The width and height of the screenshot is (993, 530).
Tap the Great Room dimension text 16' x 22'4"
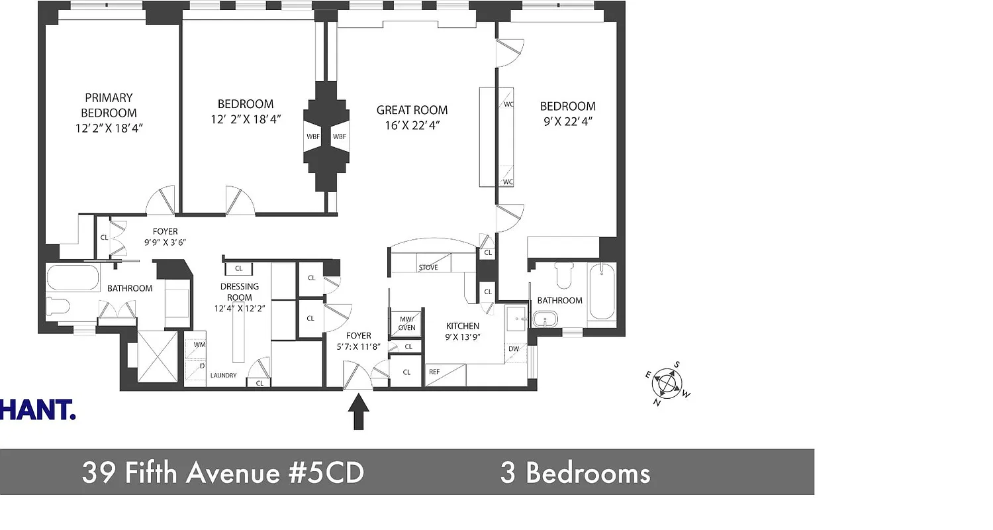pyautogui.click(x=412, y=125)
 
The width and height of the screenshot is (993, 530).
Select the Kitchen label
pyautogui.click(x=462, y=326)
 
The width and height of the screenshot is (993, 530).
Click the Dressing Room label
pyautogui.click(x=240, y=292)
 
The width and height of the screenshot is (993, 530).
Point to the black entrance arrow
pyautogui.click(x=358, y=411)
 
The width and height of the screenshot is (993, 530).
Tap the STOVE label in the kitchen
pyautogui.click(x=428, y=267)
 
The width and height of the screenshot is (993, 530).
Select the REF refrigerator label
pyautogui.click(x=434, y=372)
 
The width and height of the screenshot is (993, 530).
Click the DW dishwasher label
pyautogui.click(x=514, y=349)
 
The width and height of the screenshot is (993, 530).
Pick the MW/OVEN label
pyautogui.click(x=406, y=323)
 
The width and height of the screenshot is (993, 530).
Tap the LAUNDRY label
pyautogui.click(x=223, y=376)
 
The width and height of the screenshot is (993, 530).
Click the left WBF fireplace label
pyautogui.click(x=312, y=136)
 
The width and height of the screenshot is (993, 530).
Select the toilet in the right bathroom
pyautogui.click(x=564, y=275)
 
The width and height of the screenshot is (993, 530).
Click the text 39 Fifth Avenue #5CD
pyautogui.click(x=222, y=473)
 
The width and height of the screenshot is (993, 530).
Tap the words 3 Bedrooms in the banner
pyautogui.click(x=575, y=473)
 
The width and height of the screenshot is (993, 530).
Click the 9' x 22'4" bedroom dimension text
pyautogui.click(x=567, y=121)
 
